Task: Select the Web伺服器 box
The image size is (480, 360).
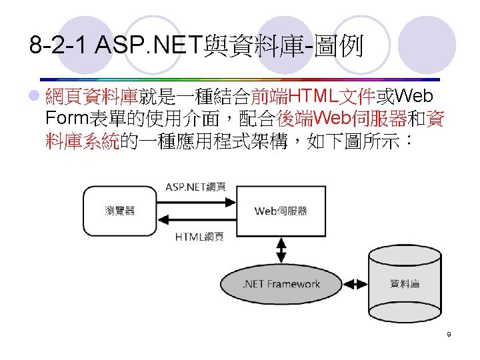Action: coord(281,211)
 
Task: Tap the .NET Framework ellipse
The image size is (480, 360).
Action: coord(281,284)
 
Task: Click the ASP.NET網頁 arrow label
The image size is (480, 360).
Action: coord(195,186)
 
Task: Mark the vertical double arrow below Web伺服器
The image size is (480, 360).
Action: coord(281,251)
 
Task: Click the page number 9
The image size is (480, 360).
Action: coord(449,334)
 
